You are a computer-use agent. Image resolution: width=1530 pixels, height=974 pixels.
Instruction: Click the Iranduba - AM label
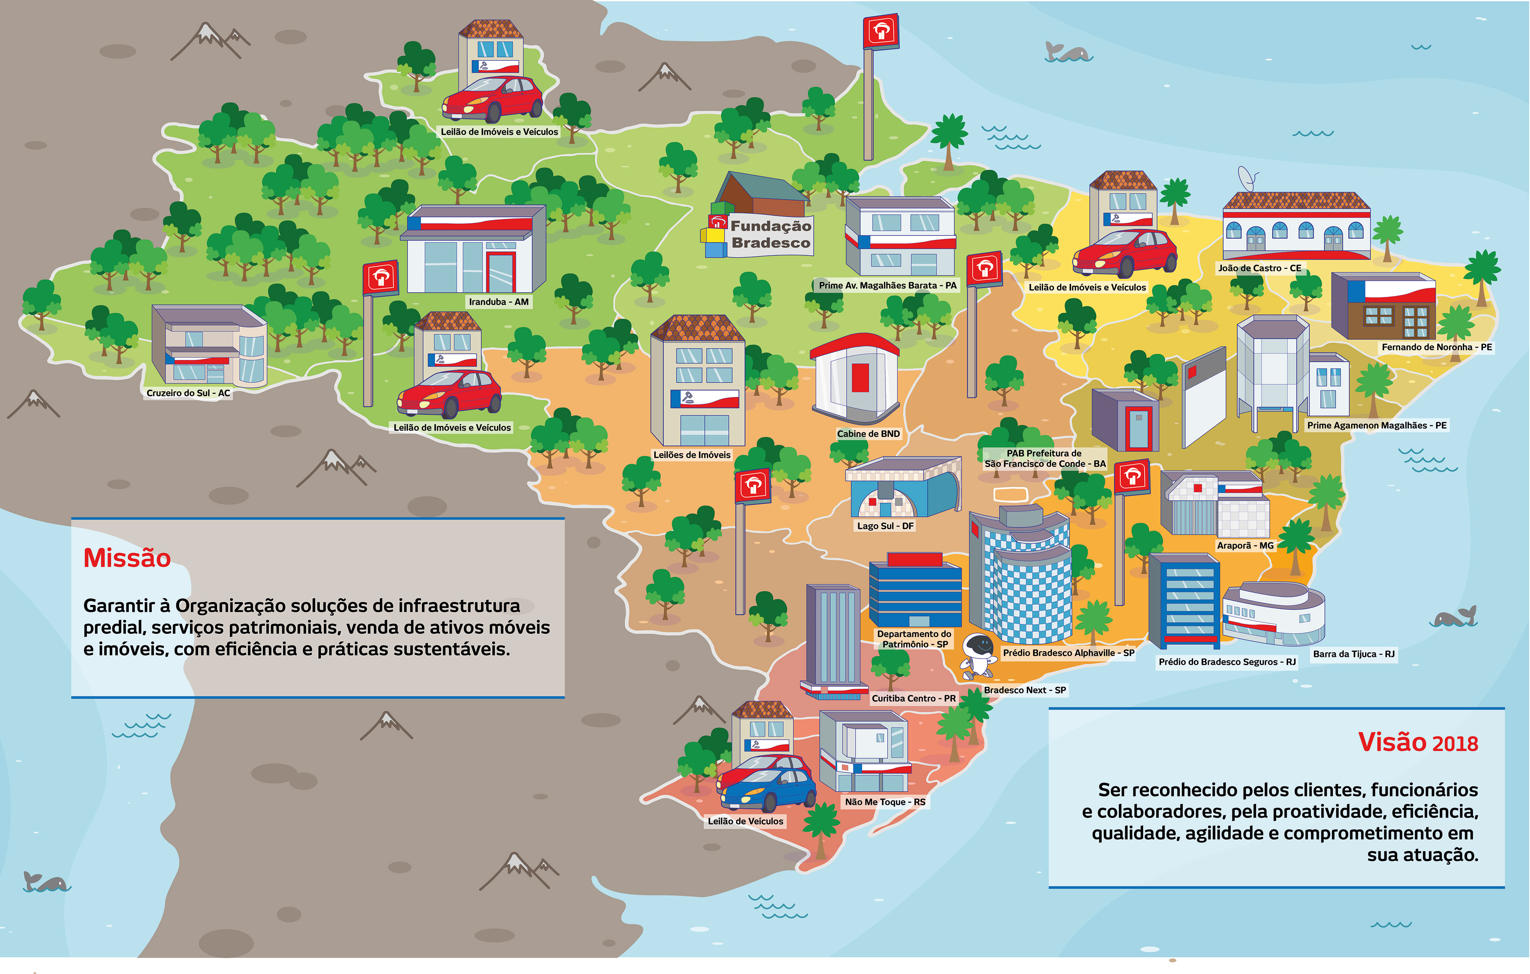[499, 302]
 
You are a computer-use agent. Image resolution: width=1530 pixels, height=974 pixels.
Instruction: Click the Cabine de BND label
[868, 434]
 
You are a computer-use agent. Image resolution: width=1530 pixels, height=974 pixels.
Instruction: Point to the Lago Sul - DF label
[885, 526]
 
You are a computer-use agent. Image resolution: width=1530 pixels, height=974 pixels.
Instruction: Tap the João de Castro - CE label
[1259, 268]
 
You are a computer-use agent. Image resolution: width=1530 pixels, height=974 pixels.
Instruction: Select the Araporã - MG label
[1246, 546]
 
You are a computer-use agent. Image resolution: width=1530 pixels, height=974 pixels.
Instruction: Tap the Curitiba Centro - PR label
[914, 698]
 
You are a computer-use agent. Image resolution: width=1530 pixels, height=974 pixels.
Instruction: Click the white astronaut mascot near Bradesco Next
[978, 655]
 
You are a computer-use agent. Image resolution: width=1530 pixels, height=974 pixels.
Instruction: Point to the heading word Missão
[127, 558]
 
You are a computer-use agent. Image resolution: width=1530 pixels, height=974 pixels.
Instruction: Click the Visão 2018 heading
[1418, 742]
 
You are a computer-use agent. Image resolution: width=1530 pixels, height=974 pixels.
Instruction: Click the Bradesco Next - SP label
[1025, 690]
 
